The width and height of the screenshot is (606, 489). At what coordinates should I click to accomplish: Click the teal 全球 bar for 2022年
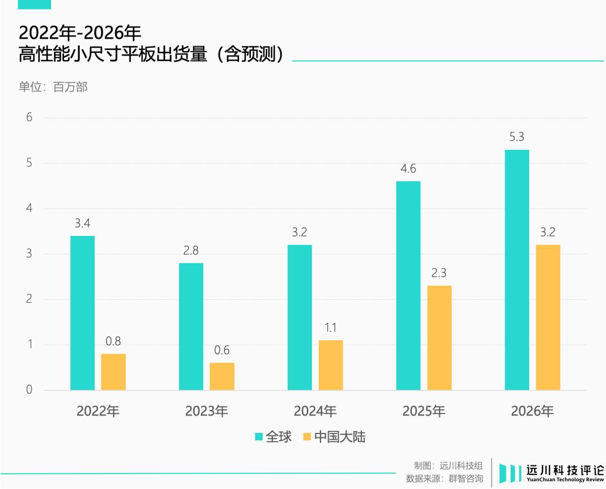[x=82, y=313]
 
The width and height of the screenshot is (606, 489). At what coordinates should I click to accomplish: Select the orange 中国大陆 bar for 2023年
[x=222, y=376]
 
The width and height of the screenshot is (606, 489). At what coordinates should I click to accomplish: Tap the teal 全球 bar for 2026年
[x=517, y=269]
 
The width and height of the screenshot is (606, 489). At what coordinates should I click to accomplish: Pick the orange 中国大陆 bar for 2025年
[x=439, y=337]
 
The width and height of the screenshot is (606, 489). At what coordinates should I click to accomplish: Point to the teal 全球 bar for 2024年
[x=300, y=317]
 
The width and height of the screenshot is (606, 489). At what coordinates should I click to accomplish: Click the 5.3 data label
[x=517, y=137]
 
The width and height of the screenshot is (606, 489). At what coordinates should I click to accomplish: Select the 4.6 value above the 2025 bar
[x=408, y=168]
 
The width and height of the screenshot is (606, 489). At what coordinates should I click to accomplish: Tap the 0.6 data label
[x=222, y=350]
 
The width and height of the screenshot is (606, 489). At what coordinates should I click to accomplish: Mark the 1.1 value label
[x=331, y=328]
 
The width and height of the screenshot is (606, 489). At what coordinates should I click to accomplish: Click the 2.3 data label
[x=439, y=273]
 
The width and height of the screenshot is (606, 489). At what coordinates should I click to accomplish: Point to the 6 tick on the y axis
[x=29, y=118]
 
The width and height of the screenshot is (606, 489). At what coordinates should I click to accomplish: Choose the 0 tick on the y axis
[x=29, y=390]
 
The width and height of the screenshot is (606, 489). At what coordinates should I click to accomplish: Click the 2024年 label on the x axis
[x=315, y=412]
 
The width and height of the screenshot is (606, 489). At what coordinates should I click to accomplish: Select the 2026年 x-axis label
[x=532, y=412]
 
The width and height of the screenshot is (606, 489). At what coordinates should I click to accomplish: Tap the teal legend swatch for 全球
[x=259, y=437]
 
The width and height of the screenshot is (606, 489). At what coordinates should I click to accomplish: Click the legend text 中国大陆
[x=339, y=437]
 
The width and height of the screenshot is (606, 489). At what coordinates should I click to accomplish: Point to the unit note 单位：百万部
[x=53, y=87]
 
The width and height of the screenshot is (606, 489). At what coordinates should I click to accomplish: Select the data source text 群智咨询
[x=465, y=479]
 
